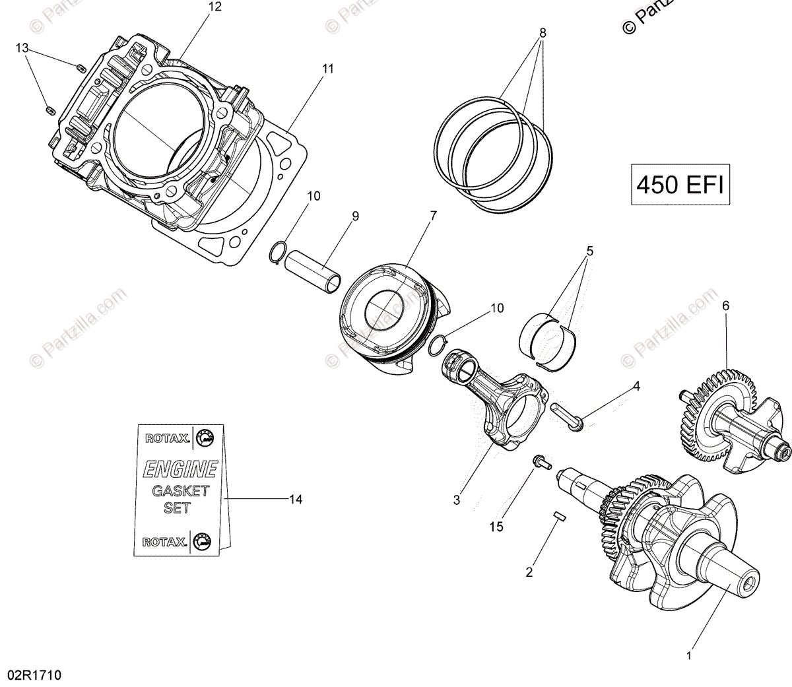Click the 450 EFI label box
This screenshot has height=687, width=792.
(680, 185)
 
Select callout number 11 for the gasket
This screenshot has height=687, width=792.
(327, 69)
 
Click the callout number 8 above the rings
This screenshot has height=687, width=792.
(543, 32)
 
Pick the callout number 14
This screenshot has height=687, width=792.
(295, 500)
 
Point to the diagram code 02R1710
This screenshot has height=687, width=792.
(34, 675)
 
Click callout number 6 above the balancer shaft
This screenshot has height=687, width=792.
(725, 306)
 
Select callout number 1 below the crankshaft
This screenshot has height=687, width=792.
(689, 656)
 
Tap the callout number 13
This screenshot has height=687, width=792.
(22, 48)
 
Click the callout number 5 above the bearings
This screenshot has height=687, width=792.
(589, 251)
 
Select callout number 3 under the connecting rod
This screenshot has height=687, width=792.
(457, 500)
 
